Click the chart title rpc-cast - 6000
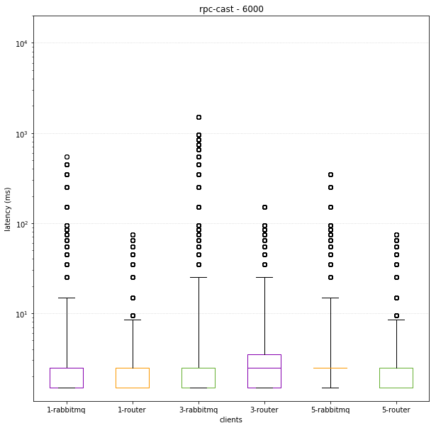[x=231, y=9]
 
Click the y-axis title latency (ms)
[x=8, y=209]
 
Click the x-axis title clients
[x=231, y=419]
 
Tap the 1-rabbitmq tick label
[x=67, y=410]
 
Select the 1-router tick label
[x=133, y=410]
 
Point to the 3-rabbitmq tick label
[x=199, y=410]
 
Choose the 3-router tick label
[x=264, y=410]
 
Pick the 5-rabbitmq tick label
[x=330, y=410]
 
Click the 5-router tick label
[x=396, y=410]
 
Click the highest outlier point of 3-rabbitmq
[x=199, y=117]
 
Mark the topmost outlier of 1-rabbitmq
[x=67, y=157]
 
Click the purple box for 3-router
[x=264, y=371]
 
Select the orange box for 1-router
[x=133, y=378]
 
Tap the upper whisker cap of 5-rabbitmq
[x=330, y=298]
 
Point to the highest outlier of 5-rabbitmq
[x=330, y=174]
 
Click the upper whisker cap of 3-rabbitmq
[x=199, y=277]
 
